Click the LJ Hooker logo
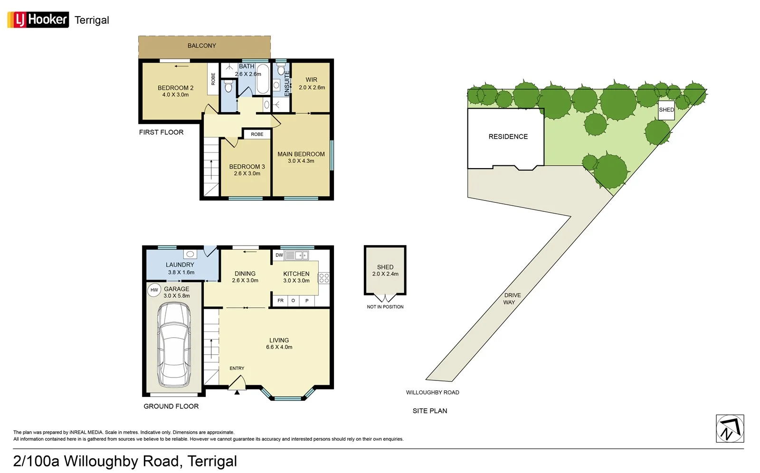click(38, 19)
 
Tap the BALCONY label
click(201, 46)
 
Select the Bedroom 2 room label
click(175, 88)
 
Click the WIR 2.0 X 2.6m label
click(312, 84)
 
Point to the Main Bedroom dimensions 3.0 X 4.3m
click(301, 161)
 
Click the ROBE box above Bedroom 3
click(257, 134)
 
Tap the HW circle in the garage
click(154, 290)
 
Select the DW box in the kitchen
click(279, 255)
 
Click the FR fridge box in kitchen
click(280, 301)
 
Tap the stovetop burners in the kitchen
click(324, 278)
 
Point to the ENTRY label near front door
click(237, 368)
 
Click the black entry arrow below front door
click(237, 392)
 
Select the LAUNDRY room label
click(180, 265)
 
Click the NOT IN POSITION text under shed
click(385, 307)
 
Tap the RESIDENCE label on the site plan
click(508, 137)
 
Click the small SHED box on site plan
click(666, 110)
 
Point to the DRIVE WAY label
click(512, 299)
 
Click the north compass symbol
click(730, 428)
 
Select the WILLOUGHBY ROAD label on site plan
click(432, 392)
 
